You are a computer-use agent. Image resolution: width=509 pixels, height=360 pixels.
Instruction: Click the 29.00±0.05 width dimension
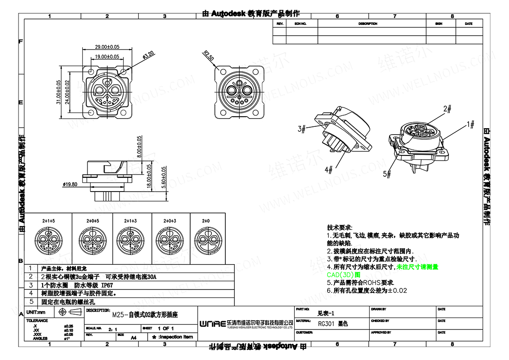(107, 47)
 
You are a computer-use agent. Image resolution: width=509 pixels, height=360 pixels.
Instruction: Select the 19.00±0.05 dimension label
(107, 56)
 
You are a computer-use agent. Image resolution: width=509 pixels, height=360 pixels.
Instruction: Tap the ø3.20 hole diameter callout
(149, 55)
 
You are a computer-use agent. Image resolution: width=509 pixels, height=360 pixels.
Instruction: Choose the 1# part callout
(471, 124)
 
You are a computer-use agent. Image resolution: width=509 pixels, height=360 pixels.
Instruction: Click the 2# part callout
(447, 109)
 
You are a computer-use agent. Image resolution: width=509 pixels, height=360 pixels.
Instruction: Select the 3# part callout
(302, 129)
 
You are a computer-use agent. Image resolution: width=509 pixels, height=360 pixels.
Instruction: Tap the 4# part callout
(329, 170)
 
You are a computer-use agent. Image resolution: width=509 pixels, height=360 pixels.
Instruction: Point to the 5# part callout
(387, 174)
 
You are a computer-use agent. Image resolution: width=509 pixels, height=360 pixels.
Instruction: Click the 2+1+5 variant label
(49, 221)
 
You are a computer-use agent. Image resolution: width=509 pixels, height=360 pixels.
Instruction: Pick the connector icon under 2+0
(206, 239)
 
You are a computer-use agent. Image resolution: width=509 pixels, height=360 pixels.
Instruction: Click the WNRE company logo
(212, 323)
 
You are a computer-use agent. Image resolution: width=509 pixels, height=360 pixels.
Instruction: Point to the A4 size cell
(134, 337)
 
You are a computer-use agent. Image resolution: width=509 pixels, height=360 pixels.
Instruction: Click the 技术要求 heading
(340, 228)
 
